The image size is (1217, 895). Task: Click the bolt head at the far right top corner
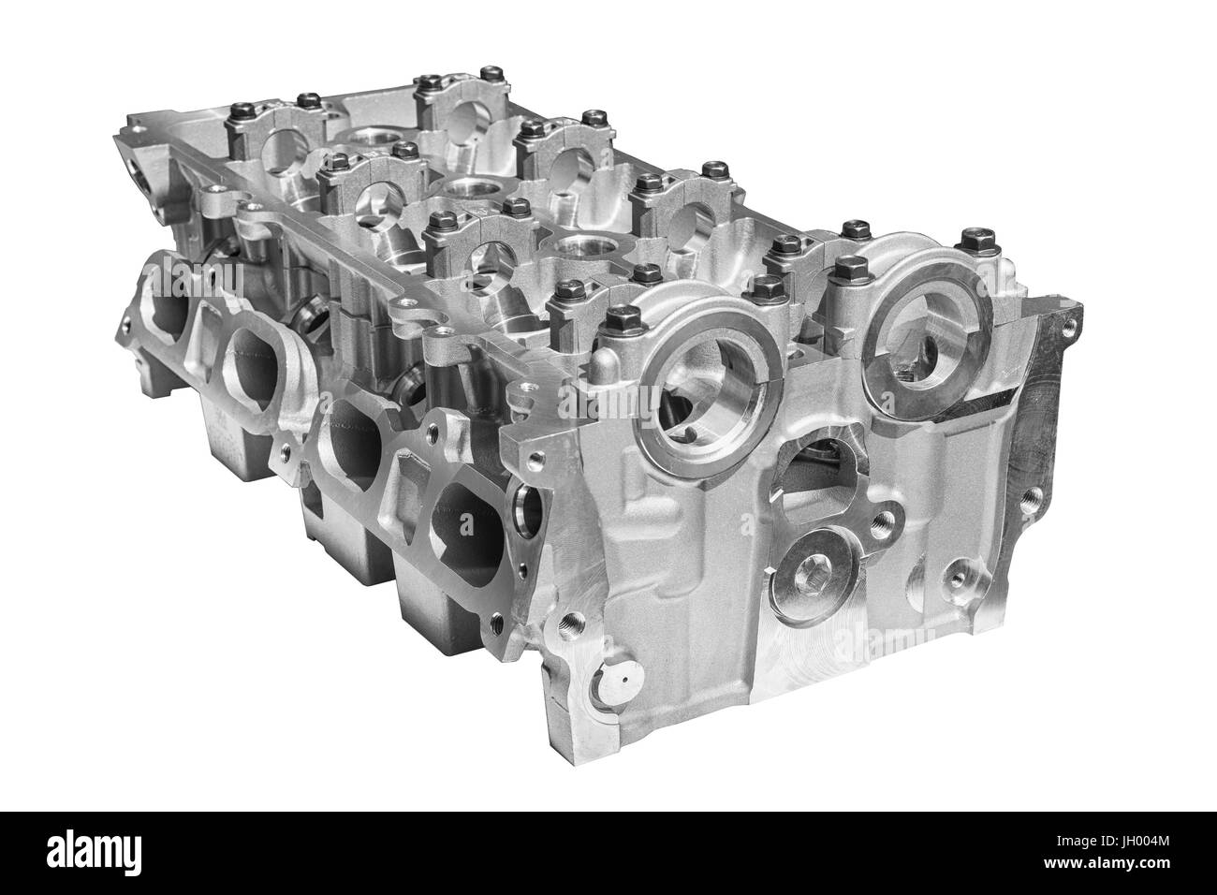[969, 239]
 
